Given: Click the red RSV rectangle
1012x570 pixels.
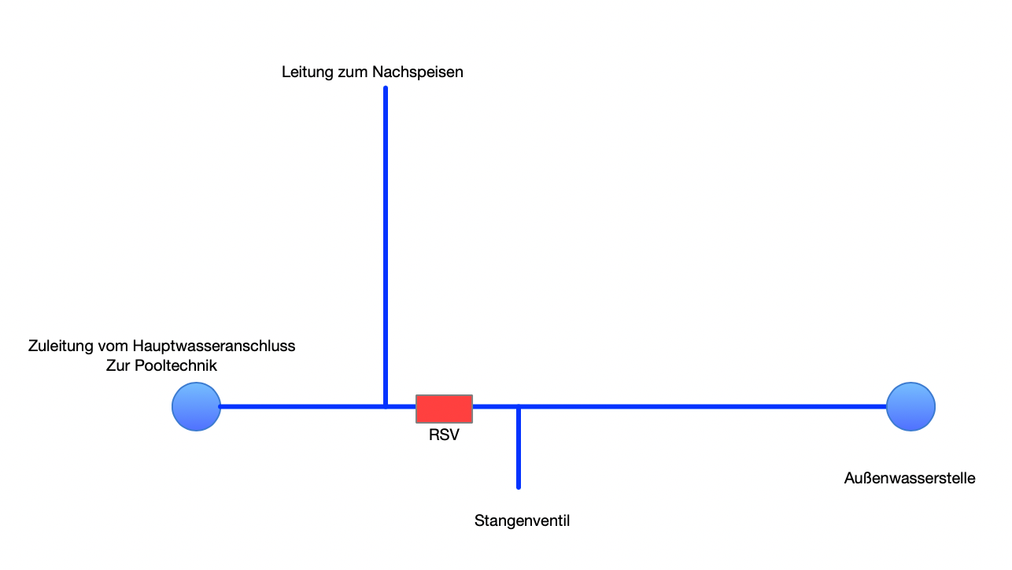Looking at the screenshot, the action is point(444,409).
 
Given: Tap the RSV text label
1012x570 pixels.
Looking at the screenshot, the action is point(444,435).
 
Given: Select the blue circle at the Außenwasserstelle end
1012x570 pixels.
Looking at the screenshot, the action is point(910,407).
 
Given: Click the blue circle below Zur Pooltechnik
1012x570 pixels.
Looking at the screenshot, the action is point(196,407).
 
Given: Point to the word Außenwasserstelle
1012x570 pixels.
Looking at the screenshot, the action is point(910,478).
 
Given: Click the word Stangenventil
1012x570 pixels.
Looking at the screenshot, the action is point(522,521).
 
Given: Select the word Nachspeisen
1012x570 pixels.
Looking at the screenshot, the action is point(418,72).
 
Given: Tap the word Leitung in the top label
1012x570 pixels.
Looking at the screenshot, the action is point(308,72).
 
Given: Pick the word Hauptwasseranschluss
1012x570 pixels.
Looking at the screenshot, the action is point(214,346).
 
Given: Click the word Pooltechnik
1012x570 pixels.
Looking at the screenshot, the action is point(175,365).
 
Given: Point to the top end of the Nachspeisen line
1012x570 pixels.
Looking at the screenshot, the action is point(386,87).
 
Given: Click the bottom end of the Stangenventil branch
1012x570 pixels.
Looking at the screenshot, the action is point(519,487).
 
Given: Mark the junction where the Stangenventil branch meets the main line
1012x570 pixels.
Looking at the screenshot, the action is point(519,407).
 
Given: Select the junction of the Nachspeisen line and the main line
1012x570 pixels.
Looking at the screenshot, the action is point(386,407).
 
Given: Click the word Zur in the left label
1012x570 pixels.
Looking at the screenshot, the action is point(118,365).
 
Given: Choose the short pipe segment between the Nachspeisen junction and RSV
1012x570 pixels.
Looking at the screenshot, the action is point(401,407).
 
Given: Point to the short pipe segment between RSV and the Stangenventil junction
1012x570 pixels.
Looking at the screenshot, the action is point(495,407).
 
